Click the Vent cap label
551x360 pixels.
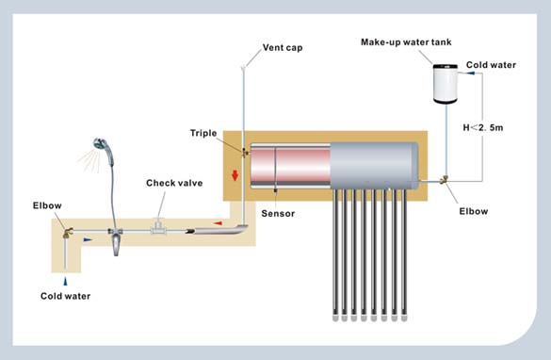[x=283, y=48]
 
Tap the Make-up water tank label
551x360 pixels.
[x=406, y=42]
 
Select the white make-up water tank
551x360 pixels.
[x=446, y=84]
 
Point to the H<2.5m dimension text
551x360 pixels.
[x=483, y=127]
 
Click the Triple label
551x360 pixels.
[x=203, y=133]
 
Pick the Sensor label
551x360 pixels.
[x=278, y=213]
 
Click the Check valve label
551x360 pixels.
[x=174, y=183]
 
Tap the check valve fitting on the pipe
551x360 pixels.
[x=158, y=226]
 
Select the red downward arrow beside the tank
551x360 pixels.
[x=235, y=175]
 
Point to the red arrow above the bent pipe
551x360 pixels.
[x=218, y=223]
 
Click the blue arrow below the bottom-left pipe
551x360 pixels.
[x=65, y=281]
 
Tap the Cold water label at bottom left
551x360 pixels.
[x=65, y=296]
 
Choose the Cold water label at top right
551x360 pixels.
[x=491, y=65]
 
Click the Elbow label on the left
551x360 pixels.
[x=47, y=205]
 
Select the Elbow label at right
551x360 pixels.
[x=474, y=211]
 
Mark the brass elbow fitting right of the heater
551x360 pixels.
[x=445, y=180]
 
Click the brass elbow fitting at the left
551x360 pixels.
[x=68, y=233]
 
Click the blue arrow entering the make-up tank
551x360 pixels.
[x=470, y=74]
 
